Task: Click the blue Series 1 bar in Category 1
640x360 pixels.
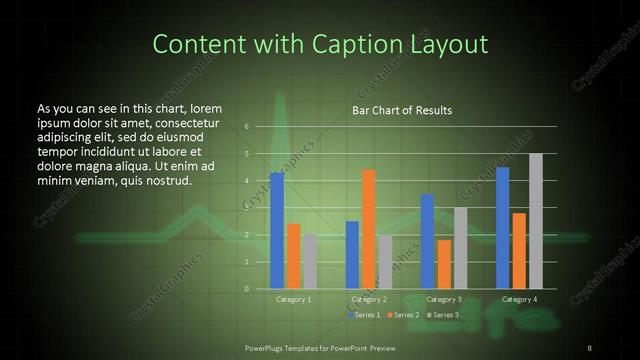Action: click(x=277, y=231)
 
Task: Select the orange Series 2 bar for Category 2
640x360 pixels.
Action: click(x=369, y=229)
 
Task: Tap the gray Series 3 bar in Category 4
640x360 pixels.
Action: click(x=536, y=221)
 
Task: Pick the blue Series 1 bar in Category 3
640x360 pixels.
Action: click(x=427, y=241)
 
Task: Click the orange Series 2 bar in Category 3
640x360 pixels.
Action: click(x=444, y=264)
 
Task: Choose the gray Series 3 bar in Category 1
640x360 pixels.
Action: click(x=309, y=262)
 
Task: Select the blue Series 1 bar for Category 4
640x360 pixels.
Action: click(x=503, y=228)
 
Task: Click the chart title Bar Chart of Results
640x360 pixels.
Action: click(x=402, y=110)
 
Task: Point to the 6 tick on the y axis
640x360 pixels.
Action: click(x=247, y=127)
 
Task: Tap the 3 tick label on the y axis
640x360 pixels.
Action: click(x=247, y=208)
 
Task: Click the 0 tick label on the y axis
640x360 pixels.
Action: click(x=247, y=289)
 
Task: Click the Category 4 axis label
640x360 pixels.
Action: click(x=519, y=299)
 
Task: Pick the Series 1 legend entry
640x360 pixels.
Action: click(x=364, y=315)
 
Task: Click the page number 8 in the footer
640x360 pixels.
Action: click(x=590, y=346)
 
